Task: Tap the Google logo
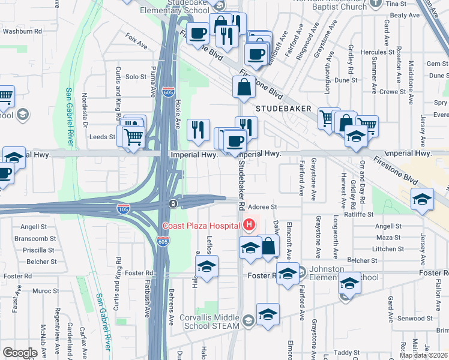click(20, 353)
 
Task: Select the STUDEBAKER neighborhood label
click(283, 109)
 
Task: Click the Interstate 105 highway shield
click(122, 208)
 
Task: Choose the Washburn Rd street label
click(22, 31)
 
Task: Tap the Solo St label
click(136, 77)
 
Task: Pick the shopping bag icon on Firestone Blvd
click(244, 88)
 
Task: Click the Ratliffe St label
click(358, 214)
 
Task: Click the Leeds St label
click(102, 137)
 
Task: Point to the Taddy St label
click(346, 353)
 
